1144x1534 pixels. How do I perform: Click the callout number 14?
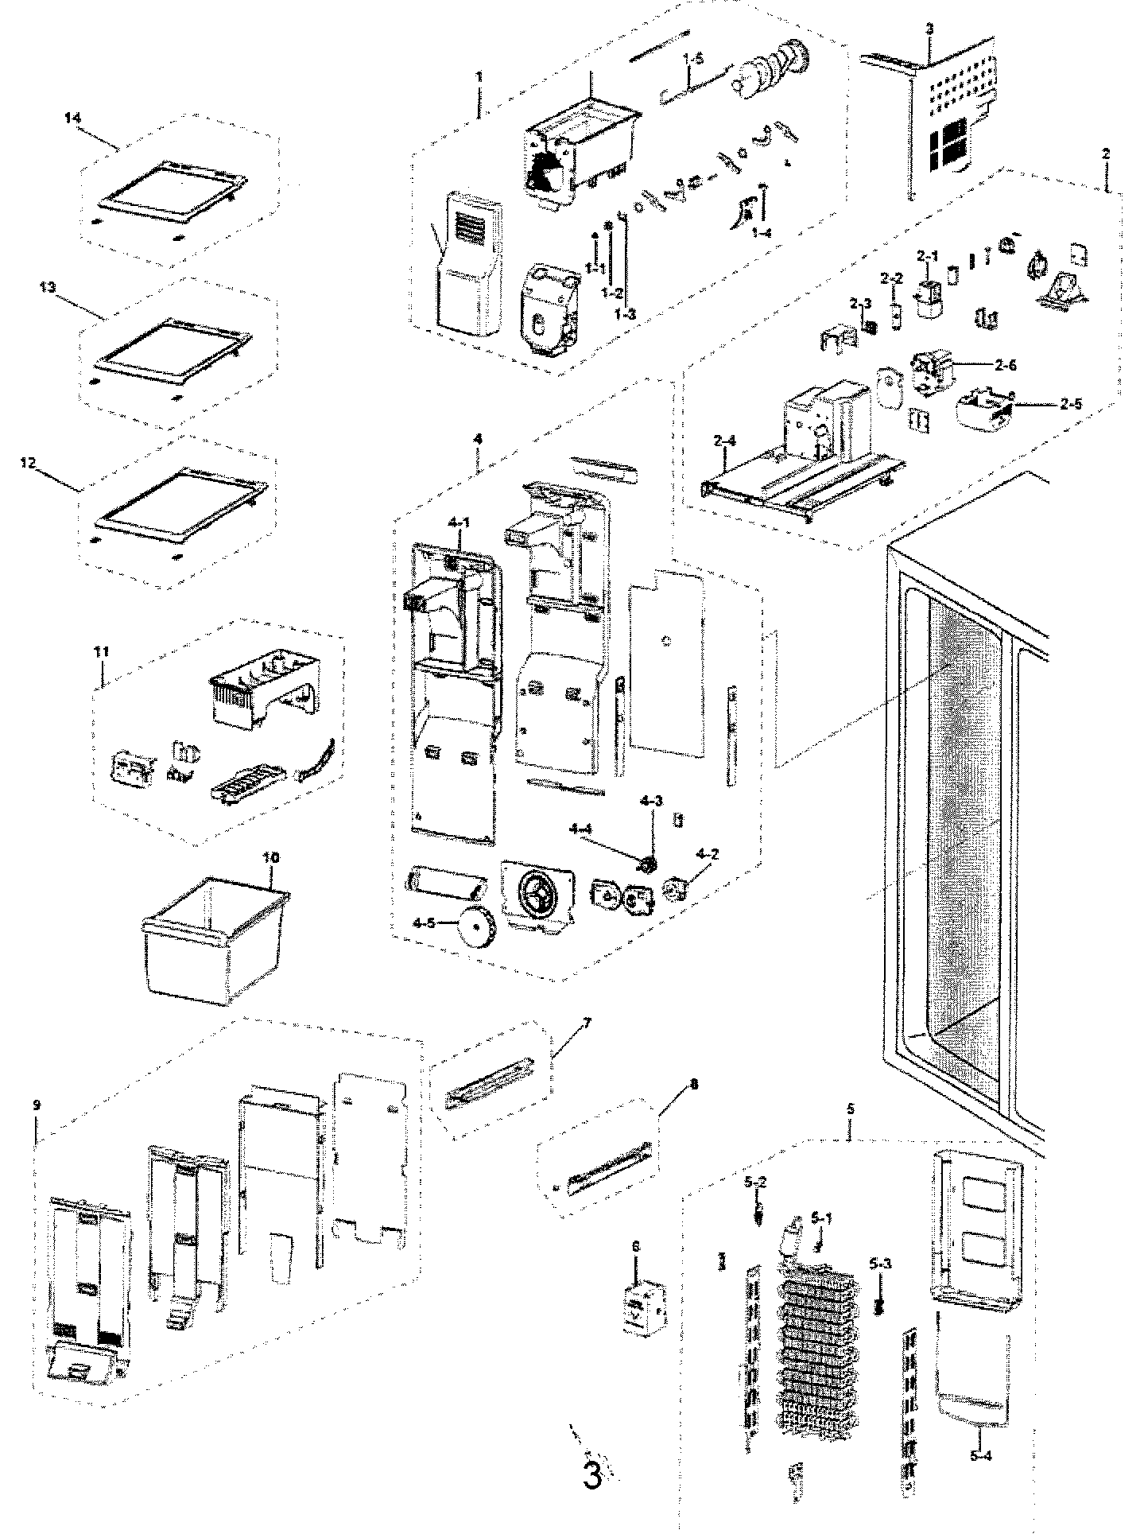[x=72, y=118]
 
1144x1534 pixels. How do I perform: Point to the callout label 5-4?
[x=979, y=1454]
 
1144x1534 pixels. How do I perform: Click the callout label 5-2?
[x=755, y=1183]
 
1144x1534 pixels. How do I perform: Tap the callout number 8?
[x=694, y=1083]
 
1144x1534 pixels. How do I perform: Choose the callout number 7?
[x=587, y=1022]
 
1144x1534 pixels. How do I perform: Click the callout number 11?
[x=101, y=652]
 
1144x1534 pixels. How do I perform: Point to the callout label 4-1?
[x=460, y=522]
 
